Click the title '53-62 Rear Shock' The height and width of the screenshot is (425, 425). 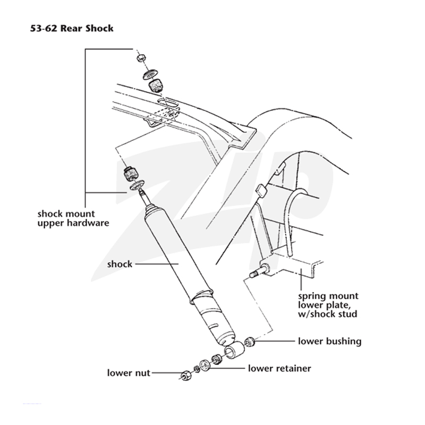72,28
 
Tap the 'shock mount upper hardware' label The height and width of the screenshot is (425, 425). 73,218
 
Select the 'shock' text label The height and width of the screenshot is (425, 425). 120,264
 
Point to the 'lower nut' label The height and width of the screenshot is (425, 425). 129,373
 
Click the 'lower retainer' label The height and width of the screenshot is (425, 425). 279,368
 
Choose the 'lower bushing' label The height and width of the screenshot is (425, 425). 329,341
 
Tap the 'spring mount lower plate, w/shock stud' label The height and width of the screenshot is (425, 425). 328,305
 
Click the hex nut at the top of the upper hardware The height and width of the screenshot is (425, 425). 141,57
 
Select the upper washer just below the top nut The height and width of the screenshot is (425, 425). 151,74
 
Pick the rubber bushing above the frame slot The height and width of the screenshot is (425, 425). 156,86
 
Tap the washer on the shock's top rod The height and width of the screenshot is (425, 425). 137,185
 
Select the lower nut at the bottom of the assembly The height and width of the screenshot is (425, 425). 185,375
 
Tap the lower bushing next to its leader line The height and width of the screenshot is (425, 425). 249,342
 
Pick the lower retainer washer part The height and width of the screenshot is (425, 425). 205,365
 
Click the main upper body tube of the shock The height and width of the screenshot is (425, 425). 174,253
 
